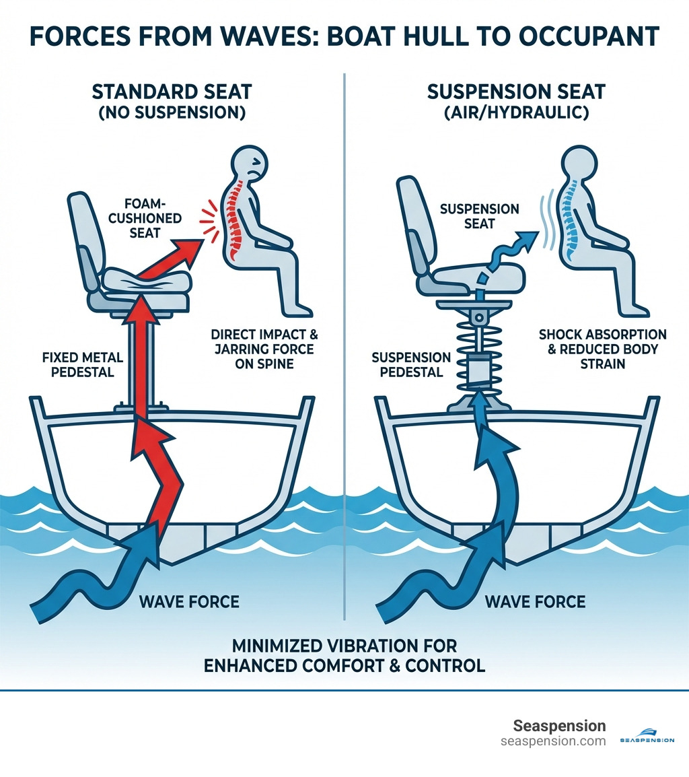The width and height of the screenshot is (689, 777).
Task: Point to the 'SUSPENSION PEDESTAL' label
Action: (410, 364)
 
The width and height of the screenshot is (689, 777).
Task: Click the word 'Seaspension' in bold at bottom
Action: (559, 726)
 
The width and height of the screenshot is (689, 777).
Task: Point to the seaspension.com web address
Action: (553, 741)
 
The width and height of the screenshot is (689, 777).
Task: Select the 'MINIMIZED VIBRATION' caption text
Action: (344, 646)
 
